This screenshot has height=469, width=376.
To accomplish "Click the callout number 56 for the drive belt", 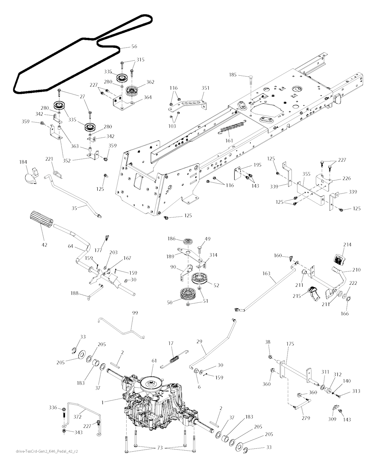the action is (x=134, y=46).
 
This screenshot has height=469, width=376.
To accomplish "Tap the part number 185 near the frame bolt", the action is (x=232, y=75).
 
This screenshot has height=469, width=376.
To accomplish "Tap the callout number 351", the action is (x=205, y=88).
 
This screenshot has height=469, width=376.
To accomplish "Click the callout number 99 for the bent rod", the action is (x=135, y=313).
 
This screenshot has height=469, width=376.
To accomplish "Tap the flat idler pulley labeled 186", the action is (x=187, y=242).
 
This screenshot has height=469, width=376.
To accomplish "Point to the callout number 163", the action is (x=266, y=273).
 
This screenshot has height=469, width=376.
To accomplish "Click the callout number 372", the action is (x=77, y=417).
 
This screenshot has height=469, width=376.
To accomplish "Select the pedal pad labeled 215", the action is (x=313, y=293).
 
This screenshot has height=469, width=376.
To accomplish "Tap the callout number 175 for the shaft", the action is (x=290, y=344).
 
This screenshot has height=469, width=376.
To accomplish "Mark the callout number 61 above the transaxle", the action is (x=154, y=361).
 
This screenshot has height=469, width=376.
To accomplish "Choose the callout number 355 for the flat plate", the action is (x=306, y=174).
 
